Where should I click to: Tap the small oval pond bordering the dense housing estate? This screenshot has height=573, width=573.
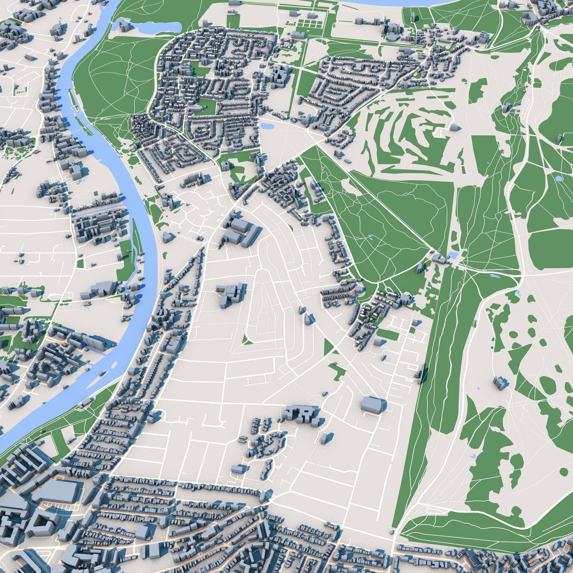267,126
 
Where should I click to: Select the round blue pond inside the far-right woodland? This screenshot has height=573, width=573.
558,178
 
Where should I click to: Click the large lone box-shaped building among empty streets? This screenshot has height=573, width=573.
371,405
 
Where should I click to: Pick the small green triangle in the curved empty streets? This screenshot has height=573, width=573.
246,340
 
